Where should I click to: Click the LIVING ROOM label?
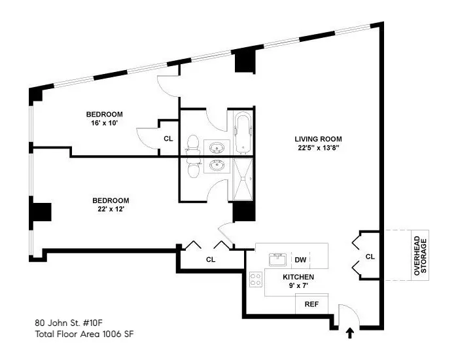pos(318,139)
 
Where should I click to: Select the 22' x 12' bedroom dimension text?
pos(110,209)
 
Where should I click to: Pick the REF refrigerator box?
pos(311,304)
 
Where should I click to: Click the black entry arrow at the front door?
pos(349,333)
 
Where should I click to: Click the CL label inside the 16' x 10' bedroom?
pos(168,139)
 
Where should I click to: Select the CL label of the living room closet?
pos(370,256)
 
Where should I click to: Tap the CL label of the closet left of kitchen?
pos(211,259)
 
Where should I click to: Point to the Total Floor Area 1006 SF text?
pos(84,334)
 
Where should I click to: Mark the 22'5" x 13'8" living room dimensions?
pos(318,148)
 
